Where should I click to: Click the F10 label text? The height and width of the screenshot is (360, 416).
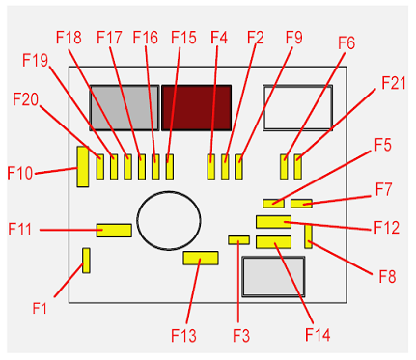pyautogui.click(x=20, y=173)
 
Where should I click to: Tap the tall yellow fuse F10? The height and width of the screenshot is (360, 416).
pyautogui.click(x=83, y=167)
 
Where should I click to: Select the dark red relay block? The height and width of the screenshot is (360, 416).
pyautogui.click(x=196, y=108)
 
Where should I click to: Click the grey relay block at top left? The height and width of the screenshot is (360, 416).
pyautogui.click(x=125, y=108)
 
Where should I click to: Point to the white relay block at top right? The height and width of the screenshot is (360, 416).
pyautogui.click(x=297, y=108)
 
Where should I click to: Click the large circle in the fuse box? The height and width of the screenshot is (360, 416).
pyautogui.click(x=169, y=192)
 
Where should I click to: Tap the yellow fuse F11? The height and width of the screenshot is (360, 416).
pyautogui.click(x=114, y=231)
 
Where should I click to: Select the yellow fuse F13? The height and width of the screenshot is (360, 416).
pyautogui.click(x=201, y=258)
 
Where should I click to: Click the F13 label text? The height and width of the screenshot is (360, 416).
pyautogui.click(x=183, y=335)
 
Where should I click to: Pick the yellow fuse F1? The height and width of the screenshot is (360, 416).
pyautogui.click(x=86, y=261)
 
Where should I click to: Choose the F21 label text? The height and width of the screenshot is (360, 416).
pyautogui.click(x=394, y=83)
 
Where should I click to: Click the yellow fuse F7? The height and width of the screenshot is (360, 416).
pyautogui.click(x=301, y=204)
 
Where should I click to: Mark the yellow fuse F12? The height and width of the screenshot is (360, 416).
pyautogui.click(x=273, y=222)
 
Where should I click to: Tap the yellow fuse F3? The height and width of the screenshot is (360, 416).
pyautogui.click(x=239, y=240)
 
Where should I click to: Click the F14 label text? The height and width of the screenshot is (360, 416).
pyautogui.click(x=318, y=335)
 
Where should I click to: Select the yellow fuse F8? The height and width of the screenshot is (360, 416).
pyautogui.click(x=308, y=236)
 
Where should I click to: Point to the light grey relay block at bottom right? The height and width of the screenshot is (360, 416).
pyautogui.click(x=273, y=276)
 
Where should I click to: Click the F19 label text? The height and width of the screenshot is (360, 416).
pyautogui.click(x=35, y=60)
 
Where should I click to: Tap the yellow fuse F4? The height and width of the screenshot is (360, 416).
pyautogui.click(x=211, y=167)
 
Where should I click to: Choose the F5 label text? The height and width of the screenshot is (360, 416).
pyautogui.click(x=383, y=145)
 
